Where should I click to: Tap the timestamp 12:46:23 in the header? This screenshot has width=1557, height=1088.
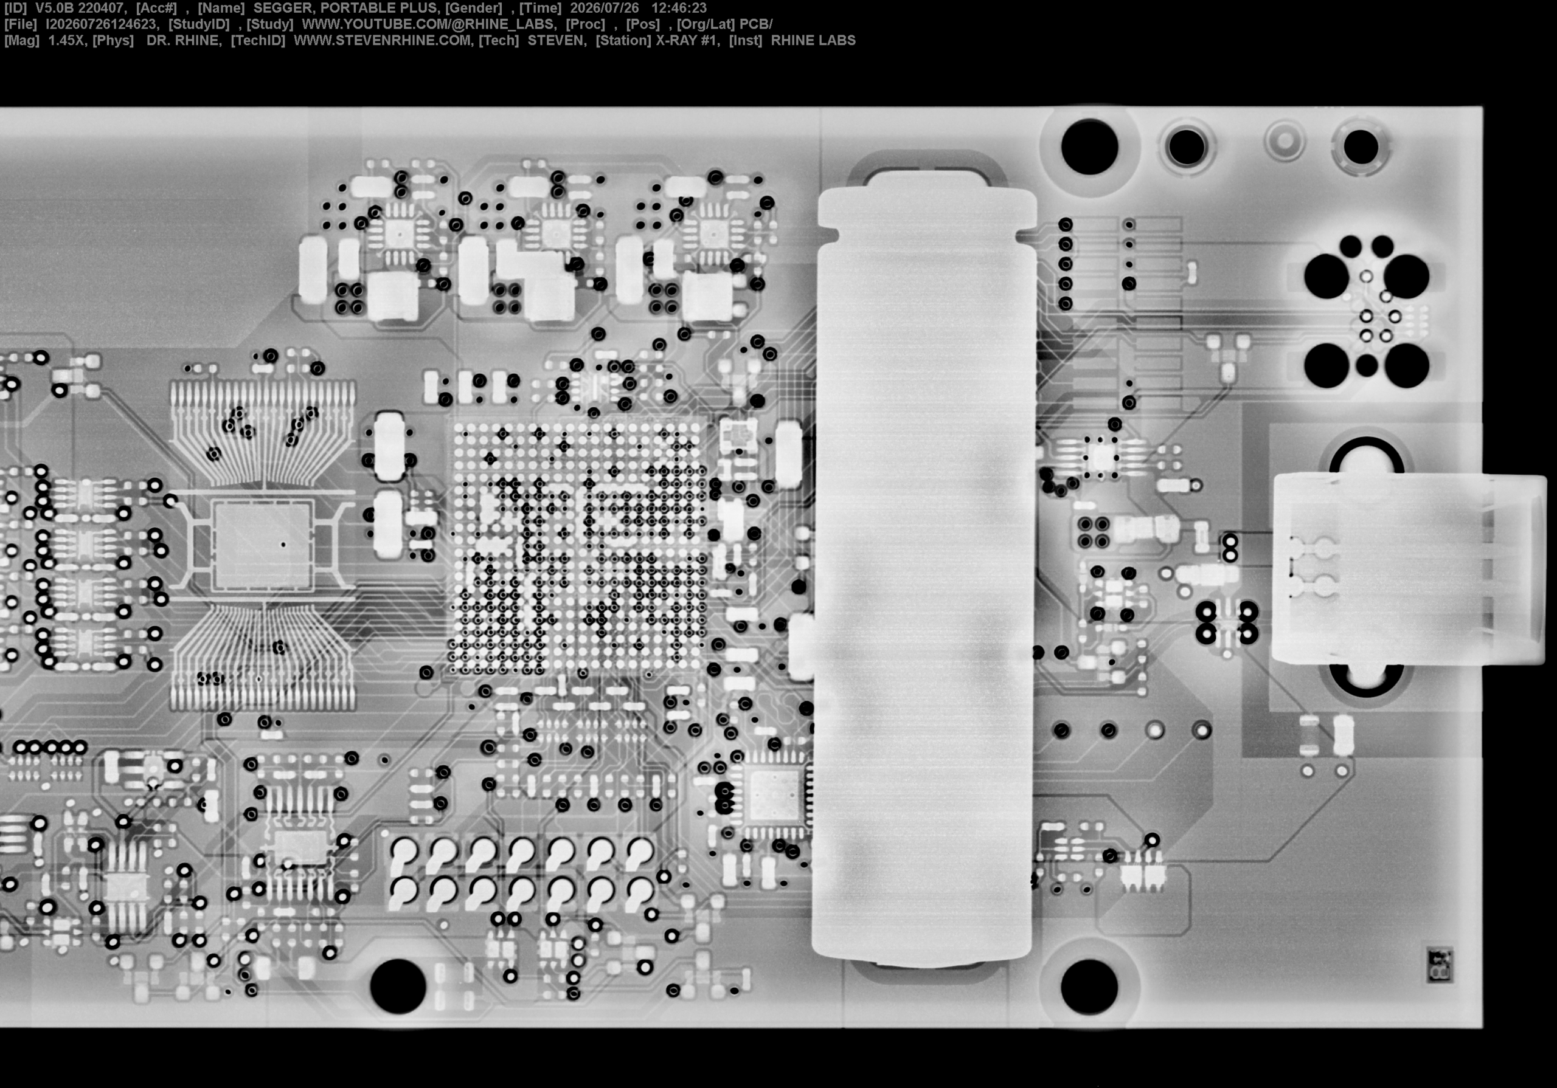pyautogui.click(x=679, y=8)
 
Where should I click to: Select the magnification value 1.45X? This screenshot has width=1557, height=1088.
pyautogui.click(x=66, y=41)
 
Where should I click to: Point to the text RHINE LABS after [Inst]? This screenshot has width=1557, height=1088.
pyautogui.click(x=813, y=41)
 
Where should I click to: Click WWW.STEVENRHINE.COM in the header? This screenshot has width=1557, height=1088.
pyautogui.click(x=383, y=41)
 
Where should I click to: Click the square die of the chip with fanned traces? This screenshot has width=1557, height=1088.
pyautogui.click(x=263, y=545)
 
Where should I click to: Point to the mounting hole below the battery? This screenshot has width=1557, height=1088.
pyautogui.click(x=1089, y=986)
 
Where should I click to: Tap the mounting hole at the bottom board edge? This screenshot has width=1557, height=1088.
pyautogui.click(x=398, y=986)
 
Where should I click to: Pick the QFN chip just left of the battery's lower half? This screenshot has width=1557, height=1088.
pyautogui.click(x=774, y=794)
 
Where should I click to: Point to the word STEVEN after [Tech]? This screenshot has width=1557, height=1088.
pyautogui.click(x=555, y=41)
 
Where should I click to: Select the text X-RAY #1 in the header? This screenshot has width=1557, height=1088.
pyautogui.click(x=686, y=41)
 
